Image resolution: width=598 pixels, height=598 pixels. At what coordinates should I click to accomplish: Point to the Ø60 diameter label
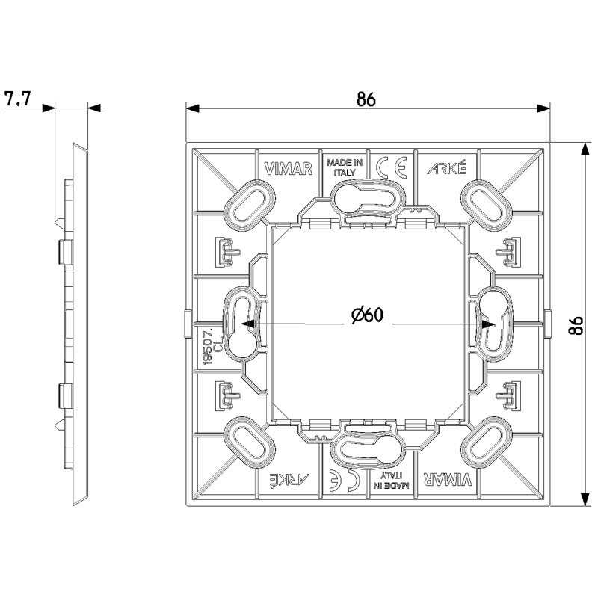(366, 316)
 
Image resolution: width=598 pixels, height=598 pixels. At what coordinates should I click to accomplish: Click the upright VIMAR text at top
(287, 168)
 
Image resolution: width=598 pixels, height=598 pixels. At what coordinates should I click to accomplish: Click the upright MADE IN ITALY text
(344, 166)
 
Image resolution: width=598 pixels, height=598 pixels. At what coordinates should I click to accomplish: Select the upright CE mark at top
(391, 167)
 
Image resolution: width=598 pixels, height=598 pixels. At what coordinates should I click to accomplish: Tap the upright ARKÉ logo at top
(446, 168)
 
